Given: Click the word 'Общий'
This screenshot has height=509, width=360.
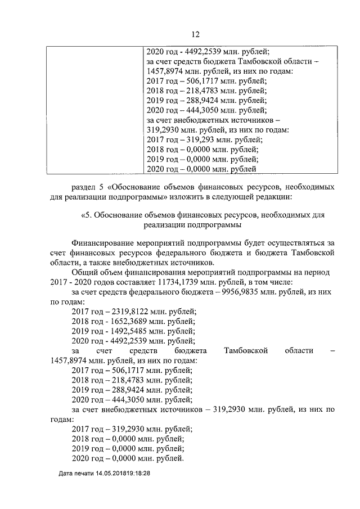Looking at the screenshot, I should point(84,272).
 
